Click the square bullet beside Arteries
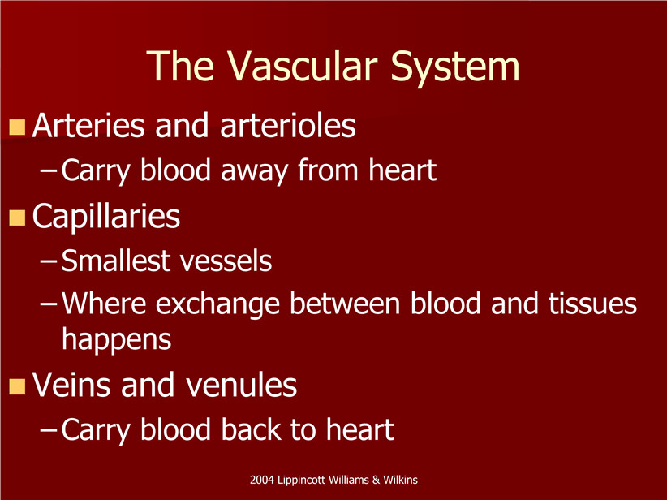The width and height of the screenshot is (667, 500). coord(17,127)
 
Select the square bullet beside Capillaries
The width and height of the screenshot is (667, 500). coord(17,217)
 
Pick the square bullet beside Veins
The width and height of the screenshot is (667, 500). coord(17,386)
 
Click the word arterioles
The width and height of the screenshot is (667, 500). coord(288,125)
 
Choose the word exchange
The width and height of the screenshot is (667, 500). coord(217,305)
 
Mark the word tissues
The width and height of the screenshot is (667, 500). coord(592,303)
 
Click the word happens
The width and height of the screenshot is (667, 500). coord(117,340)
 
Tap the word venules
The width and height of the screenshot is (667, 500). coord(241,385)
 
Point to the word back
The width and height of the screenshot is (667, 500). coord(251,429)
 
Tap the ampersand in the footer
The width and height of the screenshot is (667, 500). coord(376,480)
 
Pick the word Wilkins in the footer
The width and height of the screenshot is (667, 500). coord(400,480)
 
